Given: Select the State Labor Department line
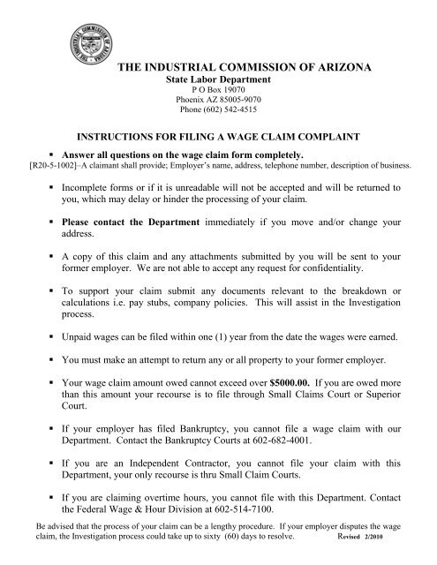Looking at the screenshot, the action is [218, 79].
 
